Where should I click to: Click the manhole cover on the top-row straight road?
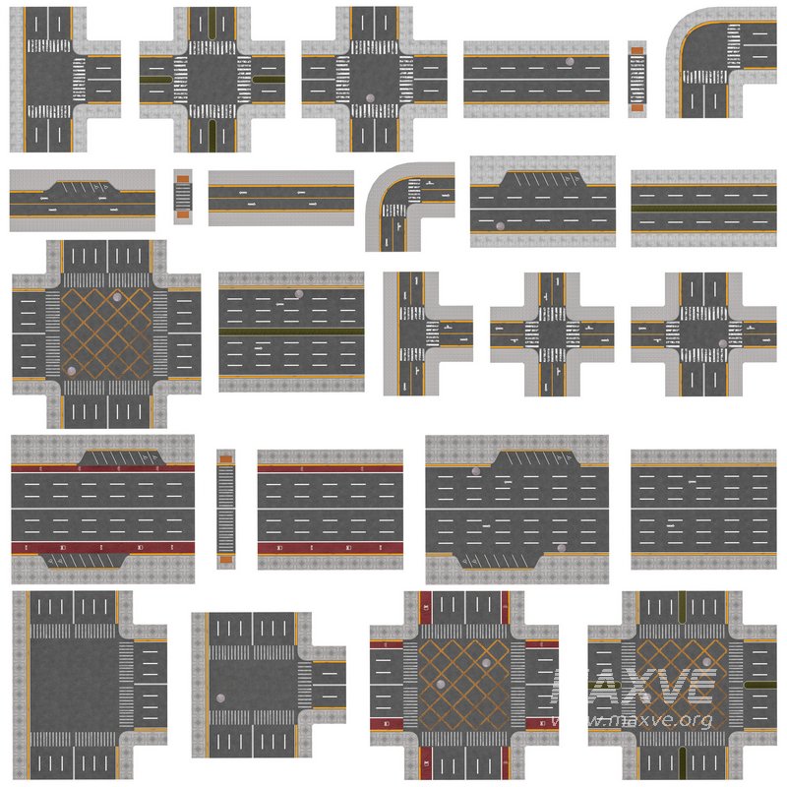point(570,62)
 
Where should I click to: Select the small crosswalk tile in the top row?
point(637,78)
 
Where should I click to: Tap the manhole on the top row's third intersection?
point(369,97)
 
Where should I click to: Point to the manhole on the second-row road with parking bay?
point(499,226)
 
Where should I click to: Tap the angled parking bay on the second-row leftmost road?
point(83,185)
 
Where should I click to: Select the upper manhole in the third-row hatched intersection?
point(119,297)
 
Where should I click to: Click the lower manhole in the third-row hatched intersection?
point(72,371)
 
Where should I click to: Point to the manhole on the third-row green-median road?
point(298,295)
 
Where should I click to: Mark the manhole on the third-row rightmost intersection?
point(723,343)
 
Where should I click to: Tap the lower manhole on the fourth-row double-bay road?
point(561,547)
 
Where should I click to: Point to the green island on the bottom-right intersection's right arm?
point(760,684)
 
